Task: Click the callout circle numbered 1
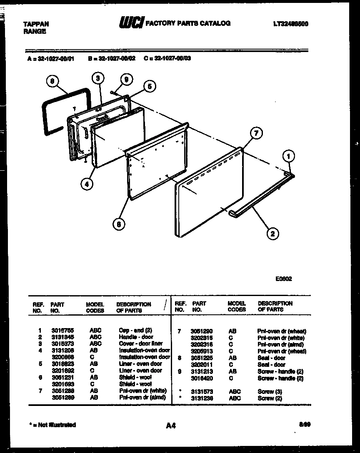tap(288, 156)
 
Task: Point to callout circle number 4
tap(87, 184)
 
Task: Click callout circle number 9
tap(126, 80)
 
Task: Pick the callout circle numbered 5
tap(149, 86)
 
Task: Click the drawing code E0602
tap(284, 279)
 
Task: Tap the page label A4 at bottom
tap(170, 426)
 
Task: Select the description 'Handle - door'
tap(136, 337)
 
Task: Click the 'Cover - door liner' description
tap(139, 343)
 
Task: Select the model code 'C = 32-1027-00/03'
tap(167, 59)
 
